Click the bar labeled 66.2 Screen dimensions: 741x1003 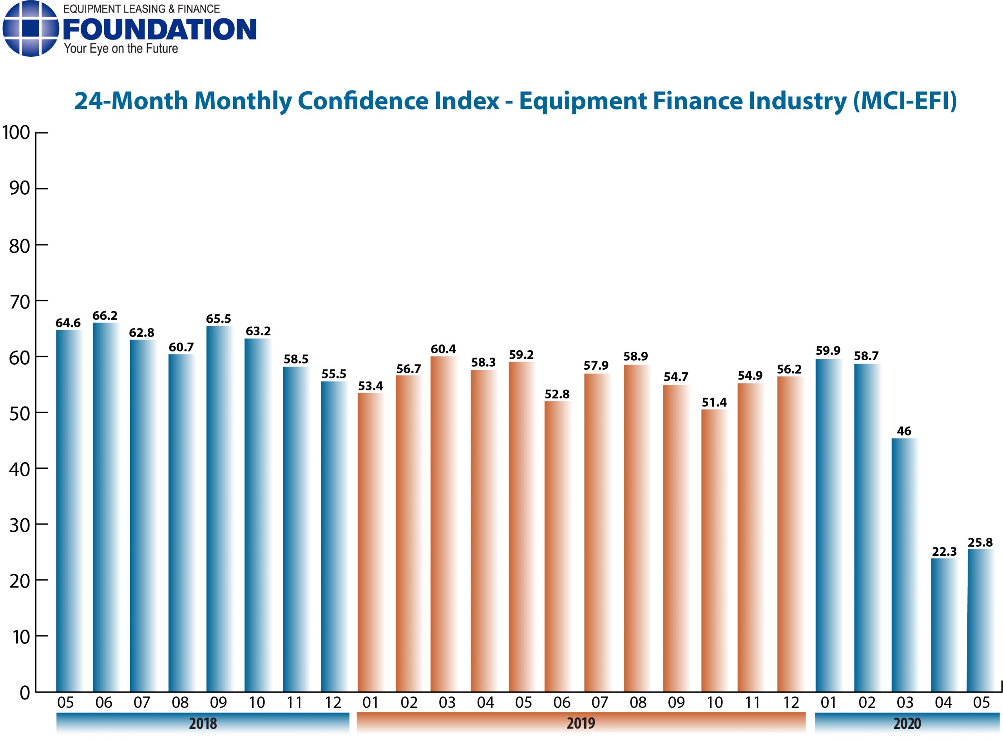click(105, 507)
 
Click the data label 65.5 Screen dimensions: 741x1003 click(219, 319)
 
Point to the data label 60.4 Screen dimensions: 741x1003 click(443, 349)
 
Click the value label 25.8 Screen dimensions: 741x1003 click(979, 543)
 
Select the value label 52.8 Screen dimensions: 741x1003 click(557, 394)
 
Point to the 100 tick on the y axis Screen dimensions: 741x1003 click(16, 133)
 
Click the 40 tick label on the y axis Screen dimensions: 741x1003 click(19, 469)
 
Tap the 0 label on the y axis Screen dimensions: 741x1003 click(25, 693)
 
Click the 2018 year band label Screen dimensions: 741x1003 click(203, 723)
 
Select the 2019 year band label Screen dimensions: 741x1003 click(581, 723)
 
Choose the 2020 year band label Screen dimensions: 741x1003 click(907, 723)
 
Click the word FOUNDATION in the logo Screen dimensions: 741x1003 click(160, 30)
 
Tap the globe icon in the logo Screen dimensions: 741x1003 click(31, 29)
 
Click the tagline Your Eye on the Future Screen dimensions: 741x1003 click(121, 49)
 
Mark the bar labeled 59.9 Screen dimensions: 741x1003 click(827, 525)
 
